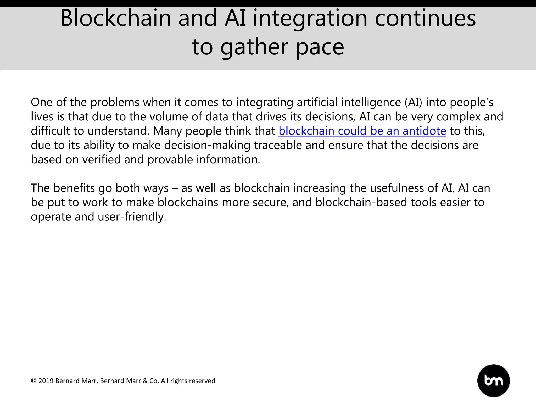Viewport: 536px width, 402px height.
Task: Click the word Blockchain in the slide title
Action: pyautogui.click(x=115, y=18)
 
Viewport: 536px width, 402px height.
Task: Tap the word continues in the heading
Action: pyautogui.click(x=425, y=18)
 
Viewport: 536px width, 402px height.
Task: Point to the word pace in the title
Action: pyautogui.click(x=320, y=47)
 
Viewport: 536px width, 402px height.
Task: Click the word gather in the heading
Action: pyautogui.click(x=254, y=47)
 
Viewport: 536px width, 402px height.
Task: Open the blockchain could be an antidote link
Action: pyautogui.click(x=362, y=131)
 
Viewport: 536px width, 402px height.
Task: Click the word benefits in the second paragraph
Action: pyautogui.click(x=74, y=188)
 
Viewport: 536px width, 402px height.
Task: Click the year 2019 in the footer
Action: pyautogui.click(x=46, y=381)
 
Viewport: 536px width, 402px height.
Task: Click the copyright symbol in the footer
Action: pyautogui.click(x=33, y=381)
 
